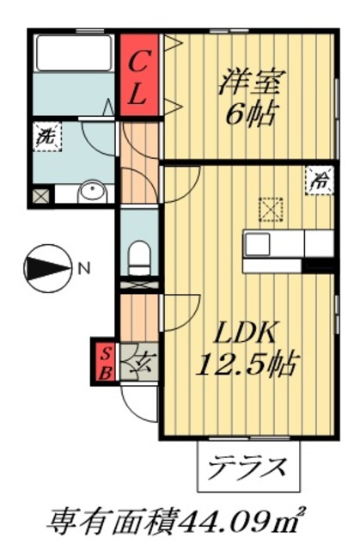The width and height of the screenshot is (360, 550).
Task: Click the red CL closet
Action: click(140, 75)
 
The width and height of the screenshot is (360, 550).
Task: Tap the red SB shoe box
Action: click(105, 361)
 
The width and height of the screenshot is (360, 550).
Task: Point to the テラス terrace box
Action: click(249, 468)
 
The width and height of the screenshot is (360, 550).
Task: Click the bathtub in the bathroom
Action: click(73, 55)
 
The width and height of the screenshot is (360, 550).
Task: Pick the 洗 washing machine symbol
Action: click(45, 136)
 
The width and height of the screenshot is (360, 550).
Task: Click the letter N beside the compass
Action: click(83, 268)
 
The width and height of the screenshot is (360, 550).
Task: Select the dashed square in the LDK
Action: click(271, 209)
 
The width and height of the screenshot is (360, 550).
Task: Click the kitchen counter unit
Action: click(288, 244)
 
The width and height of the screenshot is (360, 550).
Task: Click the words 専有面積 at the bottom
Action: click(113, 520)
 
